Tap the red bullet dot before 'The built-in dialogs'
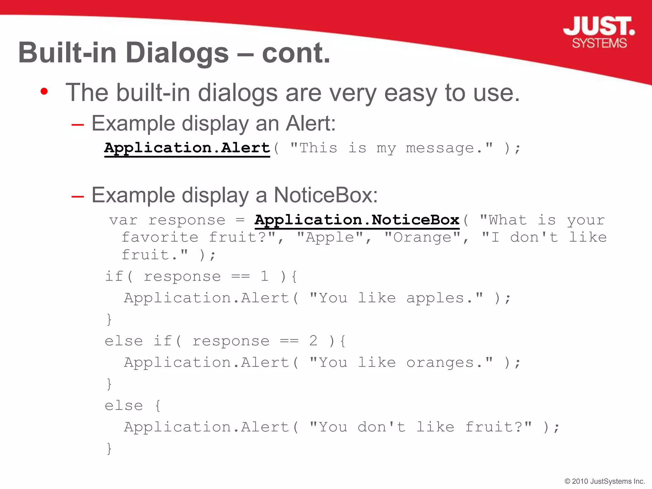coord(44,92)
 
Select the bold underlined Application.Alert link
coord(187,148)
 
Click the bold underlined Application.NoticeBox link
coord(357,220)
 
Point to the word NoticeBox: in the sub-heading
coord(325,195)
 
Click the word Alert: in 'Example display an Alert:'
coord(310,124)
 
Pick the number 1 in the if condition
coord(264,276)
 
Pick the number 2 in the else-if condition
coord(313,341)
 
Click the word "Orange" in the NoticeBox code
coord(422,237)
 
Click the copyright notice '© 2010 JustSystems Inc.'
coord(605,481)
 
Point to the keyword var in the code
coord(124,220)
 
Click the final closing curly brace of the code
coord(109,448)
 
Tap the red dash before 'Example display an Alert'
coord(78,125)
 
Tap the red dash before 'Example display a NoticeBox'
coord(78,196)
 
